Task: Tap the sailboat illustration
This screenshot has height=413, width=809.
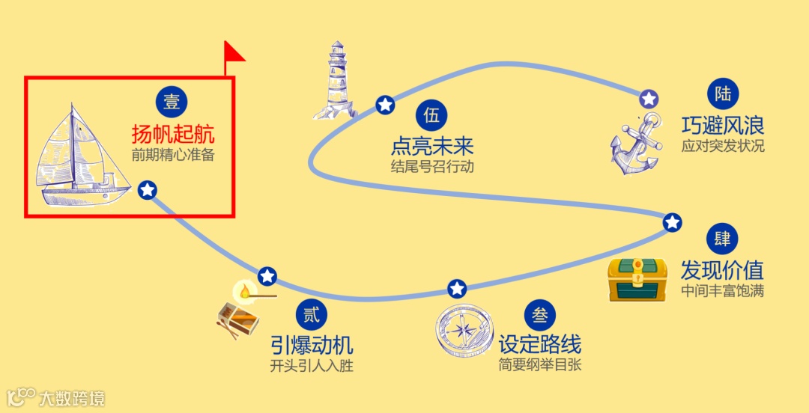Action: pos(79,157)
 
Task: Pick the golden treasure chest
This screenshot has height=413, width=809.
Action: pos(637,279)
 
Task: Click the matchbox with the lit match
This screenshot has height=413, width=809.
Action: pos(241,310)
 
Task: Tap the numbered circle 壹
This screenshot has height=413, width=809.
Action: pos(172,103)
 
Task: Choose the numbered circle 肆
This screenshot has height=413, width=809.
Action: pos(722,239)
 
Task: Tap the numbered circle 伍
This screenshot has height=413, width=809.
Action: pos(431,115)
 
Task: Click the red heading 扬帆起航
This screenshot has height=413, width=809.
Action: pos(173,135)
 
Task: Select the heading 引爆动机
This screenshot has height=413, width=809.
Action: pos(312,345)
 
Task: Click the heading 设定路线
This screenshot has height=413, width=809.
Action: pos(540,345)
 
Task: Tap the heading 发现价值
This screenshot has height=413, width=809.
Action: pos(722,269)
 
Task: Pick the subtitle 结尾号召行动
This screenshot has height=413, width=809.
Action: pos(432,166)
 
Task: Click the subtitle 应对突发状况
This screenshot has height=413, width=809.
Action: pos(723,146)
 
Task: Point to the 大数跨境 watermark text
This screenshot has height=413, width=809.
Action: pos(72,397)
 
